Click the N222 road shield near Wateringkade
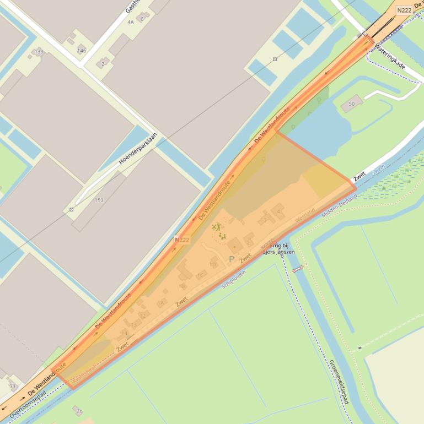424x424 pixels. point(404,10)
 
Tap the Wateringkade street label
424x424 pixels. point(390,57)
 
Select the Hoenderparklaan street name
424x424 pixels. point(138,149)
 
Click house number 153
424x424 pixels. point(99,200)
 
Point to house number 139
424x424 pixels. point(39,52)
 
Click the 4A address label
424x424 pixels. point(131,22)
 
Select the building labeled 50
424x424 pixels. point(352,103)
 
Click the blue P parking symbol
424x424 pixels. point(232,259)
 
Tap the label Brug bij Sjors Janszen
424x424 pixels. point(278,249)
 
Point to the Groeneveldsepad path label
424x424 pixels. point(338,382)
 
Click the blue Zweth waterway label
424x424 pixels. point(379,169)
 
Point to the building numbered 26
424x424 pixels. point(78,410)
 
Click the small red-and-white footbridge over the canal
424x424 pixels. point(298,269)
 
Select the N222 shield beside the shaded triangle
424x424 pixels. point(182,240)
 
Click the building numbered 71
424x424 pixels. point(12,385)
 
